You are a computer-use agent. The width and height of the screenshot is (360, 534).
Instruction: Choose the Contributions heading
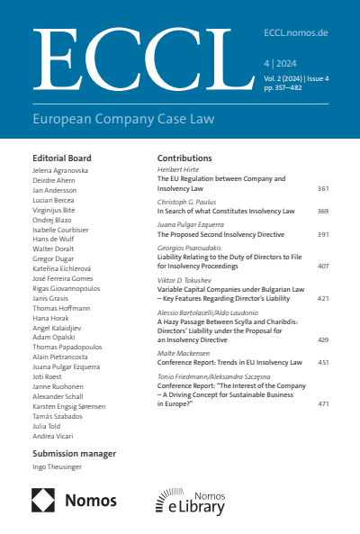point(184,158)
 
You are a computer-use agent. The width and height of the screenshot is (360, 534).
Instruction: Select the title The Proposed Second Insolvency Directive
point(220,232)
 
